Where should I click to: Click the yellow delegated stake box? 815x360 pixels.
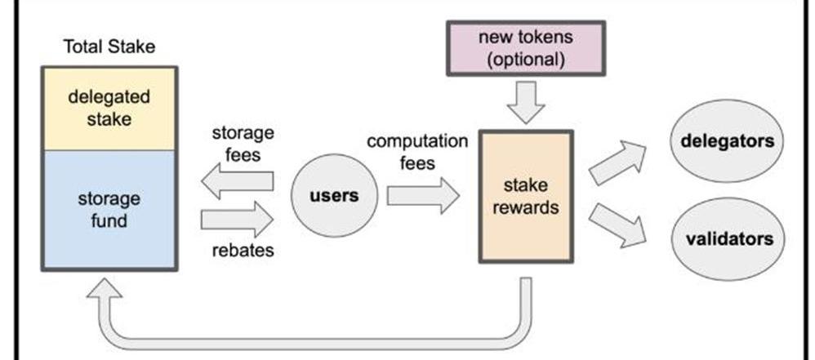point(109,108)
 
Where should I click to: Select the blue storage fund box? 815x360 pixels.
point(109,209)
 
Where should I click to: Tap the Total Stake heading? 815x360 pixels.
point(109,47)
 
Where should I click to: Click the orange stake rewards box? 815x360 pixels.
point(525,196)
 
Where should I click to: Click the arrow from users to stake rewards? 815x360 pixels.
point(423,196)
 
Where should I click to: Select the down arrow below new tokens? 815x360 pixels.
point(525,101)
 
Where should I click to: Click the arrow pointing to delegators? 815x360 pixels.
point(617,162)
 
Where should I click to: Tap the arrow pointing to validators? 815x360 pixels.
point(617,224)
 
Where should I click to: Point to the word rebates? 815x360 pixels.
point(243,250)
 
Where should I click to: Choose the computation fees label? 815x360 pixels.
point(417,152)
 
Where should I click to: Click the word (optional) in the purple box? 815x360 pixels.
point(525,60)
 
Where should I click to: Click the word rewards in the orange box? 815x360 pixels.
point(525,207)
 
